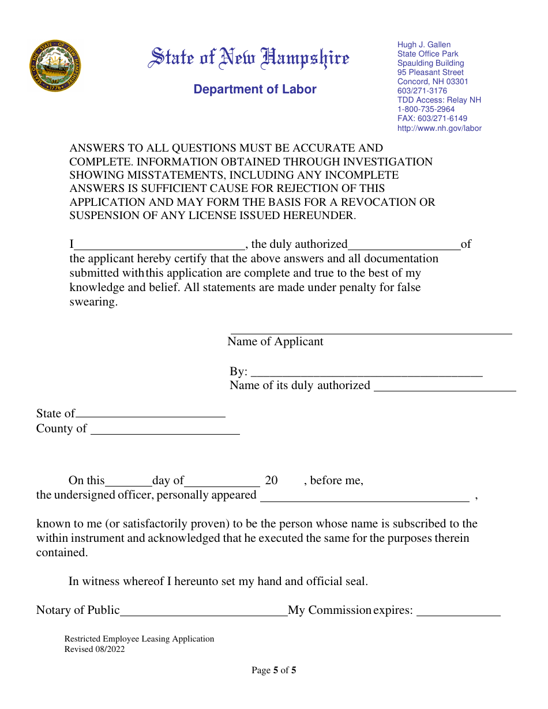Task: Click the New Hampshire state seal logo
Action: (x=55, y=66)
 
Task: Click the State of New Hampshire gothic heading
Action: (x=249, y=58)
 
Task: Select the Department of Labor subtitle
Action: (x=255, y=89)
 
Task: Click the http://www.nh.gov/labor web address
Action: (x=439, y=128)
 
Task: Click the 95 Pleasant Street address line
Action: (x=430, y=73)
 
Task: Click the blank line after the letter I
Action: (x=160, y=245)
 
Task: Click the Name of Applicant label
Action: (x=275, y=342)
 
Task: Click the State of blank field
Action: (x=150, y=413)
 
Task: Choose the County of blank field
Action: (x=165, y=429)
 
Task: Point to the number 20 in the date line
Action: (x=271, y=481)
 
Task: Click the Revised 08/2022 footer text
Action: (x=94, y=649)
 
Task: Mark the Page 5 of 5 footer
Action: (x=274, y=670)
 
